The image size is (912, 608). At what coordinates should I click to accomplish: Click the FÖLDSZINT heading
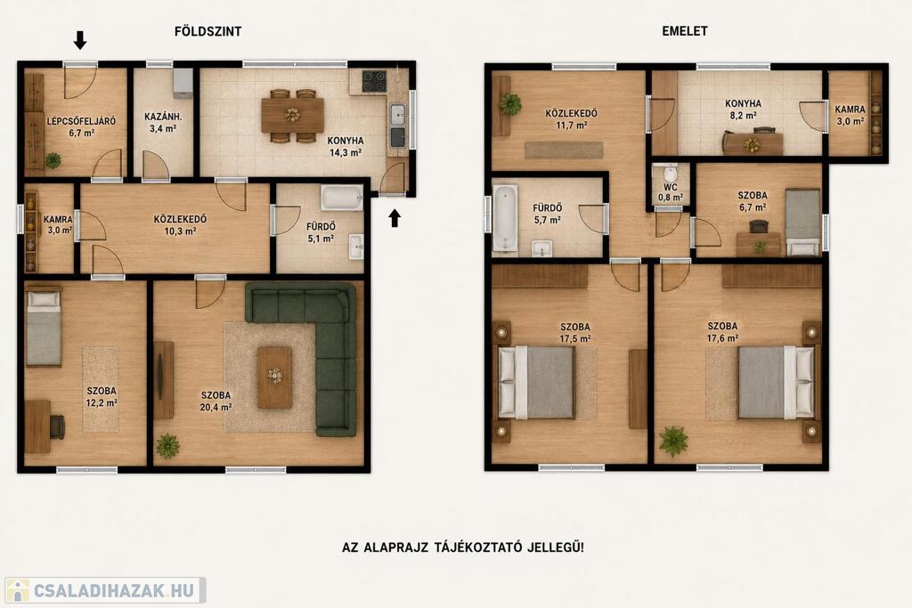[208, 31]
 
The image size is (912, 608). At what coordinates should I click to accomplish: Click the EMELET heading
[685, 31]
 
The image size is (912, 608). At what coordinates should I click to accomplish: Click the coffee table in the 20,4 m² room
[274, 377]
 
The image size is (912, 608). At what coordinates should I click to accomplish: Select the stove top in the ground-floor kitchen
[374, 81]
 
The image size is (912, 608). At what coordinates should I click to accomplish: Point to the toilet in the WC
[670, 173]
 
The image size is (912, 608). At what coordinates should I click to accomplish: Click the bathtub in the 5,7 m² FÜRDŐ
[505, 218]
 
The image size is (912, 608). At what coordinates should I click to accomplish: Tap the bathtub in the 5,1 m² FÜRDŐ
[342, 198]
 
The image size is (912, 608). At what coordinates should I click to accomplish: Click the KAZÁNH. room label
[163, 117]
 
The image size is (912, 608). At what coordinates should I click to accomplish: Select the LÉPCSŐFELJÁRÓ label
[81, 121]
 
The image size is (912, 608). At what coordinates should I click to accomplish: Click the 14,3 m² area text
[346, 153]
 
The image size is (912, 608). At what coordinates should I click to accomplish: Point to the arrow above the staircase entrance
[80, 40]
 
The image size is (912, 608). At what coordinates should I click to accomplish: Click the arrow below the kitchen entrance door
[395, 218]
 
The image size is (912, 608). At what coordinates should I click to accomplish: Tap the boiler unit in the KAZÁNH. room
[183, 83]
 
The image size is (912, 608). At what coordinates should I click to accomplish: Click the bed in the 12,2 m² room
[44, 328]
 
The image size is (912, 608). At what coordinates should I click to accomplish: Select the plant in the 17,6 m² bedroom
[673, 442]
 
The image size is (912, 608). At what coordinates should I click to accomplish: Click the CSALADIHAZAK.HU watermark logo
[105, 590]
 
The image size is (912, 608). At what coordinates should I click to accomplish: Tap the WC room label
[670, 187]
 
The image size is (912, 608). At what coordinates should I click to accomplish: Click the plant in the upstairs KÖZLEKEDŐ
[509, 105]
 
